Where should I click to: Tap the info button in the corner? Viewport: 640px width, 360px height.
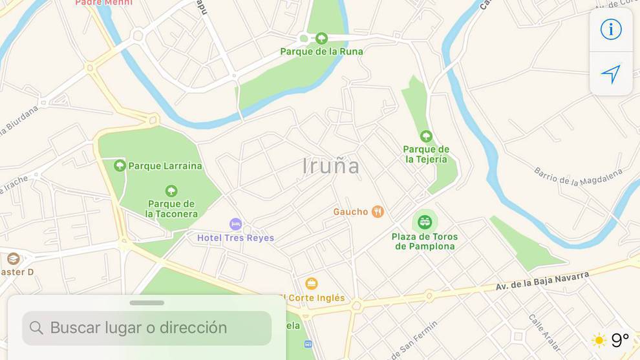click(x=611, y=30)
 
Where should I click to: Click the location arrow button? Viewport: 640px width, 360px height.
click(x=611, y=74)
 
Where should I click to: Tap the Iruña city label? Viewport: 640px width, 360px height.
click(x=331, y=166)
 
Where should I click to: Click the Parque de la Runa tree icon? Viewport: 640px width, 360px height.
click(x=321, y=38)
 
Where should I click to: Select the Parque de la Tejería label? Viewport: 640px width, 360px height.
click(x=426, y=154)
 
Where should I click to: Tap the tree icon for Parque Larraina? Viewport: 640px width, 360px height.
click(x=120, y=165)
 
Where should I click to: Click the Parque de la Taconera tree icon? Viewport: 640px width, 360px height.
click(x=171, y=191)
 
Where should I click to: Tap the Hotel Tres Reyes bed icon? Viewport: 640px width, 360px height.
click(x=236, y=224)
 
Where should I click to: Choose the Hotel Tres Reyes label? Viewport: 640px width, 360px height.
click(x=235, y=238)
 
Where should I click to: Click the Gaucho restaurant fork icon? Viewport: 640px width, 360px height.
click(x=378, y=211)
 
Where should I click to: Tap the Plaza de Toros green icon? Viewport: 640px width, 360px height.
click(x=425, y=222)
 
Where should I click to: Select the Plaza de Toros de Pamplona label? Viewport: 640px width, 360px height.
click(x=425, y=242)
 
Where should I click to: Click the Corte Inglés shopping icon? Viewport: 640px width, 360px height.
click(x=312, y=284)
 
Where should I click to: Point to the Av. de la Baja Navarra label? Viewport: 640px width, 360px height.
click(x=542, y=281)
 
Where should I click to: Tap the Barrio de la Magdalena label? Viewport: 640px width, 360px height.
click(x=578, y=176)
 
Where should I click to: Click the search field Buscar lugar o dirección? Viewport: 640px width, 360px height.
click(x=147, y=328)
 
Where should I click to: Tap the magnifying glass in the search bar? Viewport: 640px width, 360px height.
click(x=37, y=328)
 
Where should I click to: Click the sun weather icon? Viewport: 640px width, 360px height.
click(x=599, y=340)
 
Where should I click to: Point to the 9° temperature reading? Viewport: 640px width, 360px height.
click(x=620, y=340)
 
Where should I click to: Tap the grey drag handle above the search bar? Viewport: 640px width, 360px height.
click(x=147, y=302)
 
